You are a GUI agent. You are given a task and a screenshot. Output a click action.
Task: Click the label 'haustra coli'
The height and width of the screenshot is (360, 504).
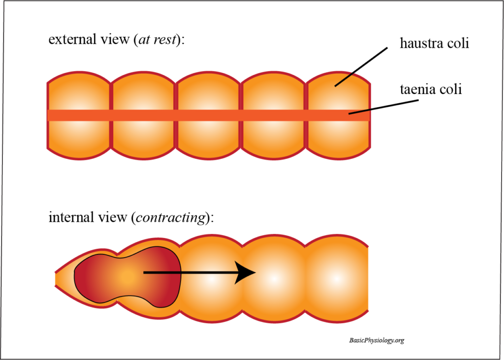[x=434, y=44]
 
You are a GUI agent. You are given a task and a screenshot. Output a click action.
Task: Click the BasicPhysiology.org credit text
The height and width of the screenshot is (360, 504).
[x=377, y=340]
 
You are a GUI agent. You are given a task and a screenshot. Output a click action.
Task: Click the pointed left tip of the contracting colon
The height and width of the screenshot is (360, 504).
[x=57, y=279]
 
